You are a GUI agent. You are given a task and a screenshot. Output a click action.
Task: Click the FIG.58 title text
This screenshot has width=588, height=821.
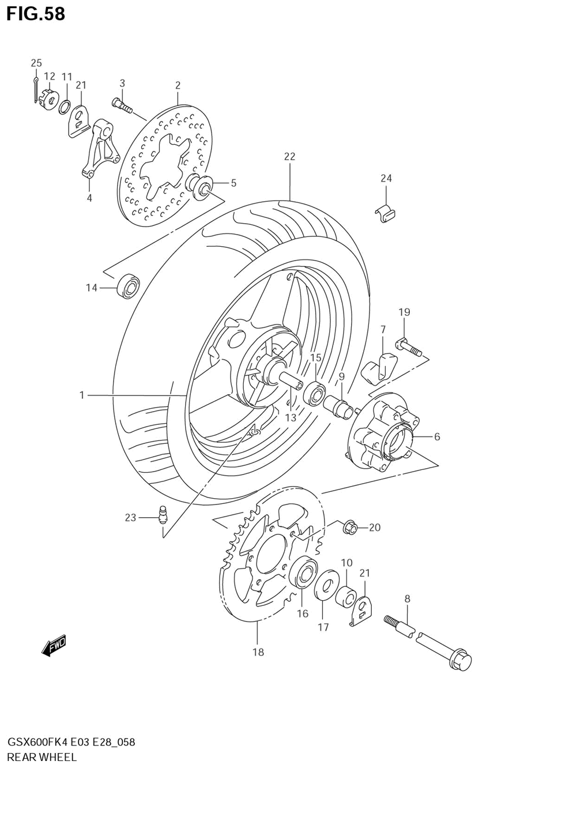pos(36,14)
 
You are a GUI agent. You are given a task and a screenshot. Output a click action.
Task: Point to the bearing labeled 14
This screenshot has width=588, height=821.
pos(128,287)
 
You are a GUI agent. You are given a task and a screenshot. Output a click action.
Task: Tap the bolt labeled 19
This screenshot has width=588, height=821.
pos(408,348)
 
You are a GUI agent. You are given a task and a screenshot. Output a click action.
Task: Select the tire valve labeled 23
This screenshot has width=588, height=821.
pos(163,512)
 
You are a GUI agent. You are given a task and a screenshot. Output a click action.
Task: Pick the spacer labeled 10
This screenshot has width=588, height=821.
pos(346,596)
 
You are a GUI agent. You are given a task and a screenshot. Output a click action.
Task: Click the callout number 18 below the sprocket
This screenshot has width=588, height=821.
pos(258,652)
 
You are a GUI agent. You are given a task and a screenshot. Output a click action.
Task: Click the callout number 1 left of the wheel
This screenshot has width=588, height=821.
pos(82,395)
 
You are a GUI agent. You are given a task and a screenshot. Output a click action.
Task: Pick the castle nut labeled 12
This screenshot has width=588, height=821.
pos(50,98)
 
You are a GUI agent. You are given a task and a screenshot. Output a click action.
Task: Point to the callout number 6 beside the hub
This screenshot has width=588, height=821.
pos(437,437)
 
